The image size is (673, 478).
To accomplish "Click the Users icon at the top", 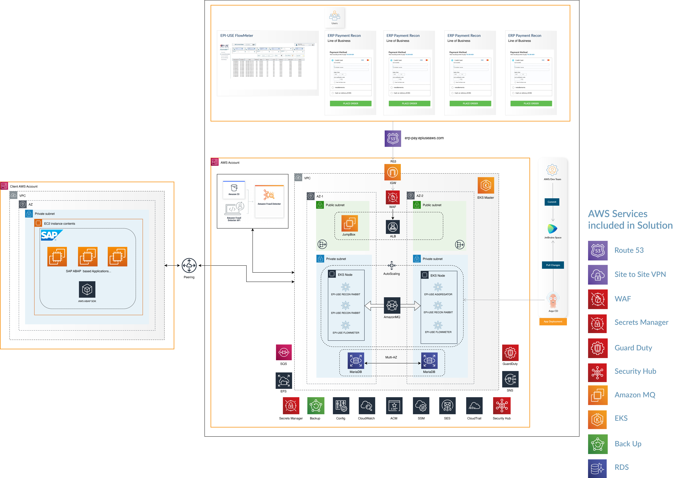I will [x=334, y=16].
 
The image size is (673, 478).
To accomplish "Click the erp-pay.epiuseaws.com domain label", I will [x=424, y=138].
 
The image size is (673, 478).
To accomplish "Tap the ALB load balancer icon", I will [x=393, y=227].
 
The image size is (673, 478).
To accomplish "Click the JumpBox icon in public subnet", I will [x=349, y=223].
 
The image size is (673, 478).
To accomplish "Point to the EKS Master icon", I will [x=485, y=185].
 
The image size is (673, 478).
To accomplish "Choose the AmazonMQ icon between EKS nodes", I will [x=392, y=306].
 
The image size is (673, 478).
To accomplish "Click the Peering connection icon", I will [x=189, y=266].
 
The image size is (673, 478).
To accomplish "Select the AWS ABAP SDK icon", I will [x=87, y=290].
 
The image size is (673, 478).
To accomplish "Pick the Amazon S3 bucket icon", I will [x=234, y=188].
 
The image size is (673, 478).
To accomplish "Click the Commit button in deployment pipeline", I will [x=552, y=202].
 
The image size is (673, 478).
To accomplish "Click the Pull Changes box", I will [x=553, y=265].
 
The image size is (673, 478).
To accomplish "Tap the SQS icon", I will [x=283, y=352].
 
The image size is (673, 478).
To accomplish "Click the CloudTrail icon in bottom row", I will [x=474, y=406].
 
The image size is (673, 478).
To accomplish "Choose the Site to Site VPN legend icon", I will [x=598, y=275].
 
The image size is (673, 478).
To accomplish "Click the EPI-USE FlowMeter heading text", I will [x=237, y=36].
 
